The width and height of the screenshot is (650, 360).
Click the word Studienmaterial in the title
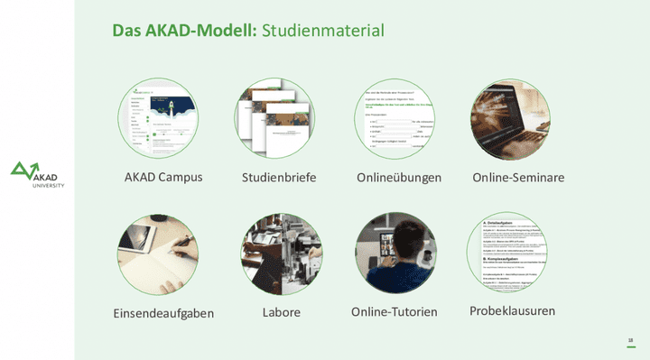click(x=323, y=31)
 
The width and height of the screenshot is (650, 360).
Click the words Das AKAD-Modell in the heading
click(x=185, y=31)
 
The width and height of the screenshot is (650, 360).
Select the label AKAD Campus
click(x=163, y=177)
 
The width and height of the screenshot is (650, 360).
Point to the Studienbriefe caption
click(x=279, y=178)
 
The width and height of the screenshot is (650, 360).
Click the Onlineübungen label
click(x=399, y=178)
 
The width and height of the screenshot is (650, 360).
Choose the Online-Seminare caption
click(x=518, y=178)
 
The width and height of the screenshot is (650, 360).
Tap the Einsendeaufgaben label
click(x=163, y=313)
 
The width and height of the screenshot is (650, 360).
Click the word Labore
click(x=281, y=312)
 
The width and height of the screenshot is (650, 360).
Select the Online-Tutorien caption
click(x=395, y=312)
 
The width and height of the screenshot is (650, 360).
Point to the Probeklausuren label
click(x=512, y=311)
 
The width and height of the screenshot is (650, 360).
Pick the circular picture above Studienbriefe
click(x=278, y=118)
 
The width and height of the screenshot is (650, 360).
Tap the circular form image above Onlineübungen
click(x=395, y=118)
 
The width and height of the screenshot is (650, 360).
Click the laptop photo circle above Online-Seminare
click(x=510, y=118)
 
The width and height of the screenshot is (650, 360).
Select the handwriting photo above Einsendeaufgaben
click(x=158, y=254)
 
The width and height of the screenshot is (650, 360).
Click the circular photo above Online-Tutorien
click(x=395, y=254)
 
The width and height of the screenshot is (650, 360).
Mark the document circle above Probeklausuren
click(x=507, y=254)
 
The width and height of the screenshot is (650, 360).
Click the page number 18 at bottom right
click(x=630, y=340)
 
